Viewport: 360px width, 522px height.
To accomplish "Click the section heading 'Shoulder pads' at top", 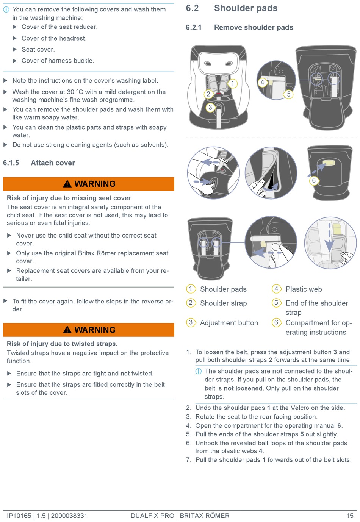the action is coord(246,8).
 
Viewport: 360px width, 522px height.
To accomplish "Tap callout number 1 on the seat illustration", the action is coord(232,83).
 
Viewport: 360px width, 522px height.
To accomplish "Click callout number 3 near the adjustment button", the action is coord(210,107).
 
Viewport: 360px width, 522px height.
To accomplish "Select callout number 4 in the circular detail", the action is coord(262,82).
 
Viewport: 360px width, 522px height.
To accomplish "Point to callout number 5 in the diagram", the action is coord(288,94).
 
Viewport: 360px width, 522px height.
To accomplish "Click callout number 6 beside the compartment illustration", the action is coord(314,180).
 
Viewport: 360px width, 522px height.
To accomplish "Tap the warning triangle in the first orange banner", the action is coord(67,184).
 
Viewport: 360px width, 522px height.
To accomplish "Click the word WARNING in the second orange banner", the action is coord(95,330).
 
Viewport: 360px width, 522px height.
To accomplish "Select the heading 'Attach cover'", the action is coord(53,163).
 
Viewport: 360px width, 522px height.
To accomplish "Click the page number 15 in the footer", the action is coord(350,516).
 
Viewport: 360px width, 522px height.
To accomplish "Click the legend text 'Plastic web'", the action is coord(304,289).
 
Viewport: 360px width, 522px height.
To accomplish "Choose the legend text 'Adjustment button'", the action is coord(229,323).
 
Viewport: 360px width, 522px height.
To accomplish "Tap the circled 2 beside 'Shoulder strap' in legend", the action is coord(191,303).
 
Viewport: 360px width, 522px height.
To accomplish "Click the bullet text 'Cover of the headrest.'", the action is coord(54,38).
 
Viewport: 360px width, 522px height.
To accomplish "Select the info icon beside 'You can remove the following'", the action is coord(6,9).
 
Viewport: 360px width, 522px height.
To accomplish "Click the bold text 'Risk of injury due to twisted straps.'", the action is coord(62,344).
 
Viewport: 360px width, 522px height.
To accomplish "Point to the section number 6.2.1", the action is coord(194,28).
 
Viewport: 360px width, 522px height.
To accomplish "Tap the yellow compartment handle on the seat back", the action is coord(328,162).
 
